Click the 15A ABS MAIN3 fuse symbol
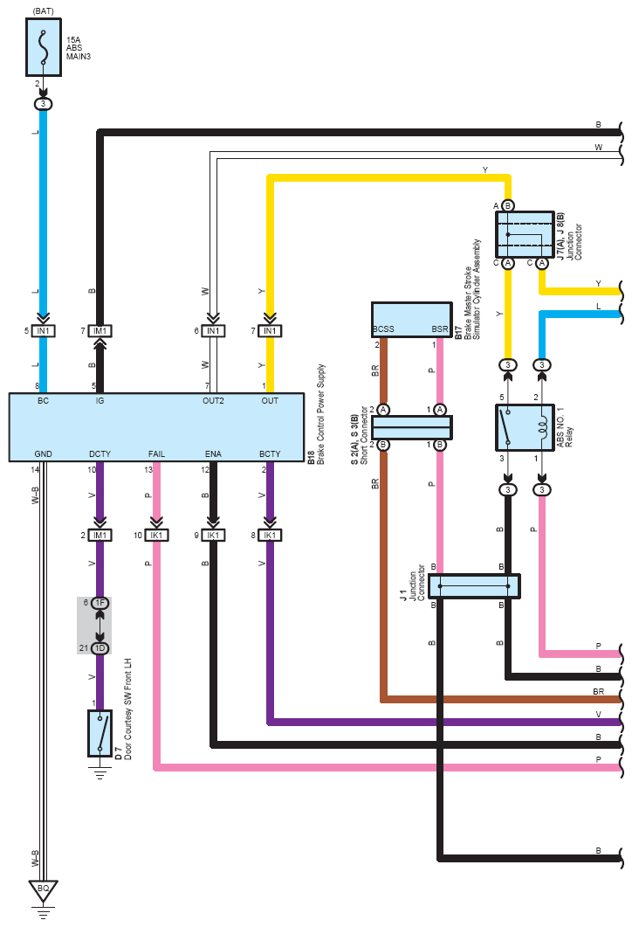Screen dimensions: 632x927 pyautogui.click(x=43, y=47)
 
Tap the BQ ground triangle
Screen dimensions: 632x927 pyautogui.click(x=43, y=889)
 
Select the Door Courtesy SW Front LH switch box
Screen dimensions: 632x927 pyautogui.click(x=100, y=733)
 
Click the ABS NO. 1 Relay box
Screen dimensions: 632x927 pyautogui.click(x=525, y=427)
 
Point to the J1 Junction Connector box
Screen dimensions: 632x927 pyautogui.click(x=474, y=586)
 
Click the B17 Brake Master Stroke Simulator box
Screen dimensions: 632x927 pyautogui.click(x=412, y=320)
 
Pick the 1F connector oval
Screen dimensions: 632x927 pyautogui.click(x=100, y=603)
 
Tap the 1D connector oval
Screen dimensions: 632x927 pyautogui.click(x=100, y=648)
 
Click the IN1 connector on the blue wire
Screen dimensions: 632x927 pyautogui.click(x=43, y=331)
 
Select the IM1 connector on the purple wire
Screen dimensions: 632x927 pyautogui.click(x=100, y=536)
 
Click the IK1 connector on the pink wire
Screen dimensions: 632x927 pyautogui.click(x=156, y=536)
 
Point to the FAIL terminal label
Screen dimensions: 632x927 pyautogui.click(x=156, y=454)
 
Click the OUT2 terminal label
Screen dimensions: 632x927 pyautogui.click(x=213, y=401)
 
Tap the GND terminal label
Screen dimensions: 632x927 pyautogui.click(x=43, y=454)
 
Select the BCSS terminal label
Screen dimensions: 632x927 pyautogui.click(x=383, y=329)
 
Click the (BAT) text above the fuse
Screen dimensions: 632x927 pyautogui.click(x=43, y=10)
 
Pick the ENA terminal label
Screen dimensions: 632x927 pyautogui.click(x=213, y=454)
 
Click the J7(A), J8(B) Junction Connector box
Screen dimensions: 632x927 pyautogui.click(x=525, y=234)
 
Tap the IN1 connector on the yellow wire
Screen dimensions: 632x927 pyautogui.click(x=270, y=331)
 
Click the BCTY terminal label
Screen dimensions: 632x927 pyautogui.click(x=270, y=454)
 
